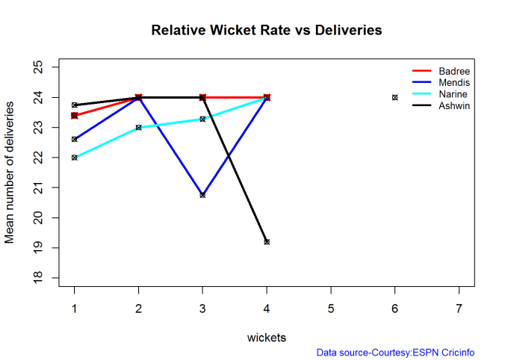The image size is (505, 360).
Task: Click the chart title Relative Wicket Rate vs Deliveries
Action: [x=267, y=31]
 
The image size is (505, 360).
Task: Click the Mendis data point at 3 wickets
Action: [x=202, y=195]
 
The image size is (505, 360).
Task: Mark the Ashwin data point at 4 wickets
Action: [x=267, y=242]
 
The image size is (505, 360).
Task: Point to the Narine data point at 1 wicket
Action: [x=75, y=158]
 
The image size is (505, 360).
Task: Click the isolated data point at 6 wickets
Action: [x=395, y=97]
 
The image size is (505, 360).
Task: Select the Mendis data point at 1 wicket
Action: [x=75, y=139]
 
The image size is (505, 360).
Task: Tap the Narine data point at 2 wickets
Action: [x=139, y=128]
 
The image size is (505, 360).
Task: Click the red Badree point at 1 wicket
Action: [x=75, y=116]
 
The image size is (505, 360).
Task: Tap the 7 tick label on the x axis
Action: [x=459, y=308]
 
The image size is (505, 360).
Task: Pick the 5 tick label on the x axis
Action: [x=331, y=308]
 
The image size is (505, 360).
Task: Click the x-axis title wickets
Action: [x=267, y=338]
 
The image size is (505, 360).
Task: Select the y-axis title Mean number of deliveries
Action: [x=10, y=173]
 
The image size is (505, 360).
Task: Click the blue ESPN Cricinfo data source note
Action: [x=395, y=353]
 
